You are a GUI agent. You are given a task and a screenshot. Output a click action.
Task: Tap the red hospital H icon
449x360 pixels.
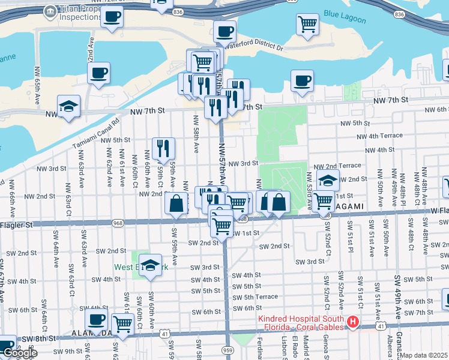point(353,323)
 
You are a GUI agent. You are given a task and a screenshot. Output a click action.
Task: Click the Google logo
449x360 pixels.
point(20,353)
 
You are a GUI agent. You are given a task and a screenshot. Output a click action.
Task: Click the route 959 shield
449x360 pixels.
point(227,349)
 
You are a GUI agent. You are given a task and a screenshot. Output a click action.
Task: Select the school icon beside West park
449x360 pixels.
point(150,264)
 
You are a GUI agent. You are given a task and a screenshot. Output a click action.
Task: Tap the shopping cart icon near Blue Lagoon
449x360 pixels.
point(307,24)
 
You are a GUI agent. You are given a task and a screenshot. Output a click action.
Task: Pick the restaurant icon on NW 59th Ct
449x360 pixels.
point(163,148)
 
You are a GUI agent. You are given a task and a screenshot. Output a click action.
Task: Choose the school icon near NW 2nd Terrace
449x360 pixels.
point(328,179)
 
